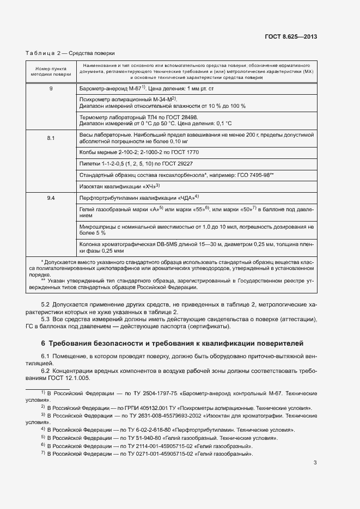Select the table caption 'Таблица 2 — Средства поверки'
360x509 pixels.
click(x=70, y=53)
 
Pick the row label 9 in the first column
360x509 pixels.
click(x=51, y=88)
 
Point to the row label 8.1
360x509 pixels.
click(x=51, y=138)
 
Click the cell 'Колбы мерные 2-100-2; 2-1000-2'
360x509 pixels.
click(x=136, y=152)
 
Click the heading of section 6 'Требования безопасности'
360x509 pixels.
click(x=168, y=344)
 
